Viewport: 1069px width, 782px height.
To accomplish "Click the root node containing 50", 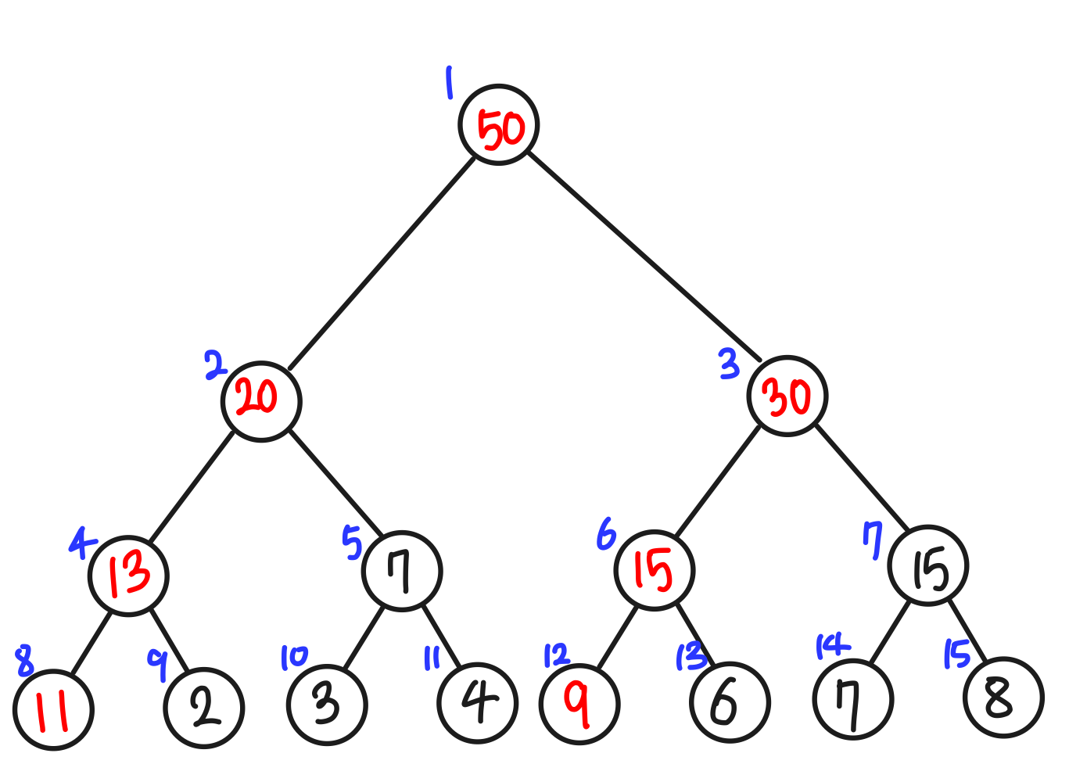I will (499, 125).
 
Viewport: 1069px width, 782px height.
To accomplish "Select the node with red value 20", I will (261, 401).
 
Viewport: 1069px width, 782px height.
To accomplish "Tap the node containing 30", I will (787, 396).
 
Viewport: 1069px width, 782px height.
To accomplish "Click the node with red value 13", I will (128, 576).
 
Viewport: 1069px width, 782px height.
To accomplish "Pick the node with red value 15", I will (655, 570).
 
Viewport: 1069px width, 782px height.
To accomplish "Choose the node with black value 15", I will (928, 565).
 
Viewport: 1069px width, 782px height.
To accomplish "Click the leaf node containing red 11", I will (53, 710).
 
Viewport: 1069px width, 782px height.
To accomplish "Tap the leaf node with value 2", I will (204, 708).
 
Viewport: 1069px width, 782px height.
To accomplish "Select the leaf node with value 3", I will (327, 704).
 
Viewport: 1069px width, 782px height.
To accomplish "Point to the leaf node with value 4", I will (477, 702).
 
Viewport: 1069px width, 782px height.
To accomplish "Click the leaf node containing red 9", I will (579, 703).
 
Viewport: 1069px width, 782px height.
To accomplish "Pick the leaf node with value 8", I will (1003, 698).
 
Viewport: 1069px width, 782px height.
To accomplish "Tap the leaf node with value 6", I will (730, 702).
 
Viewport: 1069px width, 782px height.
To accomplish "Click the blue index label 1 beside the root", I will (449, 83).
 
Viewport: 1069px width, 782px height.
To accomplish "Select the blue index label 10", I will (294, 658).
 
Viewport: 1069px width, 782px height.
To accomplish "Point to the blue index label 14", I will (831, 647).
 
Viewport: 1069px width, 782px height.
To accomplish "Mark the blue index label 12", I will (557, 655).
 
